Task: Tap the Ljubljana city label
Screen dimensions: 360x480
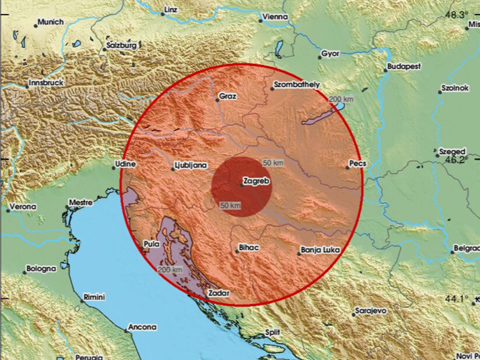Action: click(191, 166)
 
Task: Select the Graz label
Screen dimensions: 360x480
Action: click(227, 97)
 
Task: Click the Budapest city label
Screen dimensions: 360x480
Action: click(403, 66)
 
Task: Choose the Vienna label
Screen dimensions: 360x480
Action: click(275, 17)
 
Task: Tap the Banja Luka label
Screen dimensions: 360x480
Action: click(320, 250)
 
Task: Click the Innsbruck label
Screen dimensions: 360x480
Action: click(47, 83)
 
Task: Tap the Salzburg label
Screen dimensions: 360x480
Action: click(122, 46)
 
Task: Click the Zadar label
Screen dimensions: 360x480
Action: click(220, 294)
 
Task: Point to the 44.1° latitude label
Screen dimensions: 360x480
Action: click(457, 299)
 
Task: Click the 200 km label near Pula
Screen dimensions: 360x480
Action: click(170, 270)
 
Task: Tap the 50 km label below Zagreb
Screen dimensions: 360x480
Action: click(231, 206)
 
